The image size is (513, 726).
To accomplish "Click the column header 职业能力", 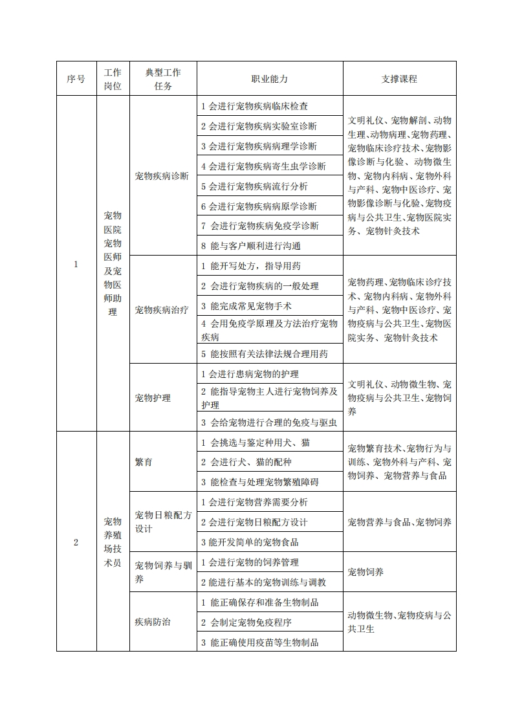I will (270, 79).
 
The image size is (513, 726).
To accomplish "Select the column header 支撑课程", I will (399, 79).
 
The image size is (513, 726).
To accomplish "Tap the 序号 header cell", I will (76, 79).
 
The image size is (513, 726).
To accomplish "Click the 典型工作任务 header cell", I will (163, 79).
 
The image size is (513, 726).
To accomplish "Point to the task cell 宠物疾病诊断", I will (162, 176).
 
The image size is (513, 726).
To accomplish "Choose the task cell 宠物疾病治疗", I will (162, 310).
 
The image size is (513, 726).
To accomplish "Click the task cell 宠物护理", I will (153, 398).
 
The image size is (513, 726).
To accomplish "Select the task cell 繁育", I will (144, 463).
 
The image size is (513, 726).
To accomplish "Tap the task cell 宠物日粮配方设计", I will (163, 522).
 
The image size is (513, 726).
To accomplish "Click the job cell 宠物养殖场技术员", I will (113, 542).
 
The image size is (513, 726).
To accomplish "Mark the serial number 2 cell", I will (76, 542).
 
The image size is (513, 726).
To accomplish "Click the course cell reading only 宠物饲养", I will (366, 572).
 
